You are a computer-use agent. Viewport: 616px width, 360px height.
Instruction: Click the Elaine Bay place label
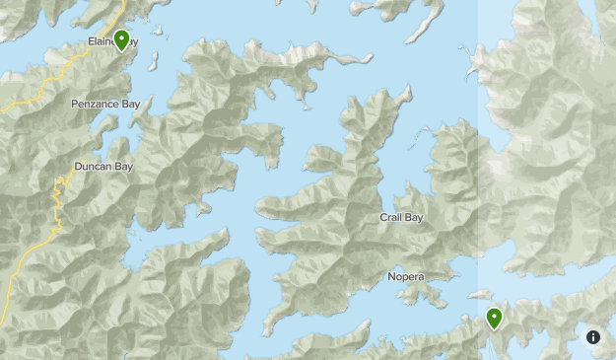point(109,42)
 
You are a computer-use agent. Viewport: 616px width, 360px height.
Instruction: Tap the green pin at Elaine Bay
point(122,40)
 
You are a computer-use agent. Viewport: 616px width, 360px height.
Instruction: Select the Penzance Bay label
point(105,104)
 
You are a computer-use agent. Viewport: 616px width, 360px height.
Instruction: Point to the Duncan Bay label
point(103,167)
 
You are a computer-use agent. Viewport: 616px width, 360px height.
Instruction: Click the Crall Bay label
point(401,217)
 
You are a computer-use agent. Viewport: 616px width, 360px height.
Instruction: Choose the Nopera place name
point(405,277)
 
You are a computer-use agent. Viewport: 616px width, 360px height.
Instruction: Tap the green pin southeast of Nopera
point(494,319)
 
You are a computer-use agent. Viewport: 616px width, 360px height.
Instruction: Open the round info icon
point(593,337)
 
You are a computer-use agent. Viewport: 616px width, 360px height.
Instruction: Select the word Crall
point(391,217)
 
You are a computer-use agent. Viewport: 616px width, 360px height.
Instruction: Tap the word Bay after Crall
point(413,217)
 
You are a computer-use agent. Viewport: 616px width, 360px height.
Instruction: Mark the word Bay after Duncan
point(122,167)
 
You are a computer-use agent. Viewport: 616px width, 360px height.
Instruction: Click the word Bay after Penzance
point(131,104)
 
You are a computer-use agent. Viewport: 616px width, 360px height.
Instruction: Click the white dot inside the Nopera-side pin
point(494,316)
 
